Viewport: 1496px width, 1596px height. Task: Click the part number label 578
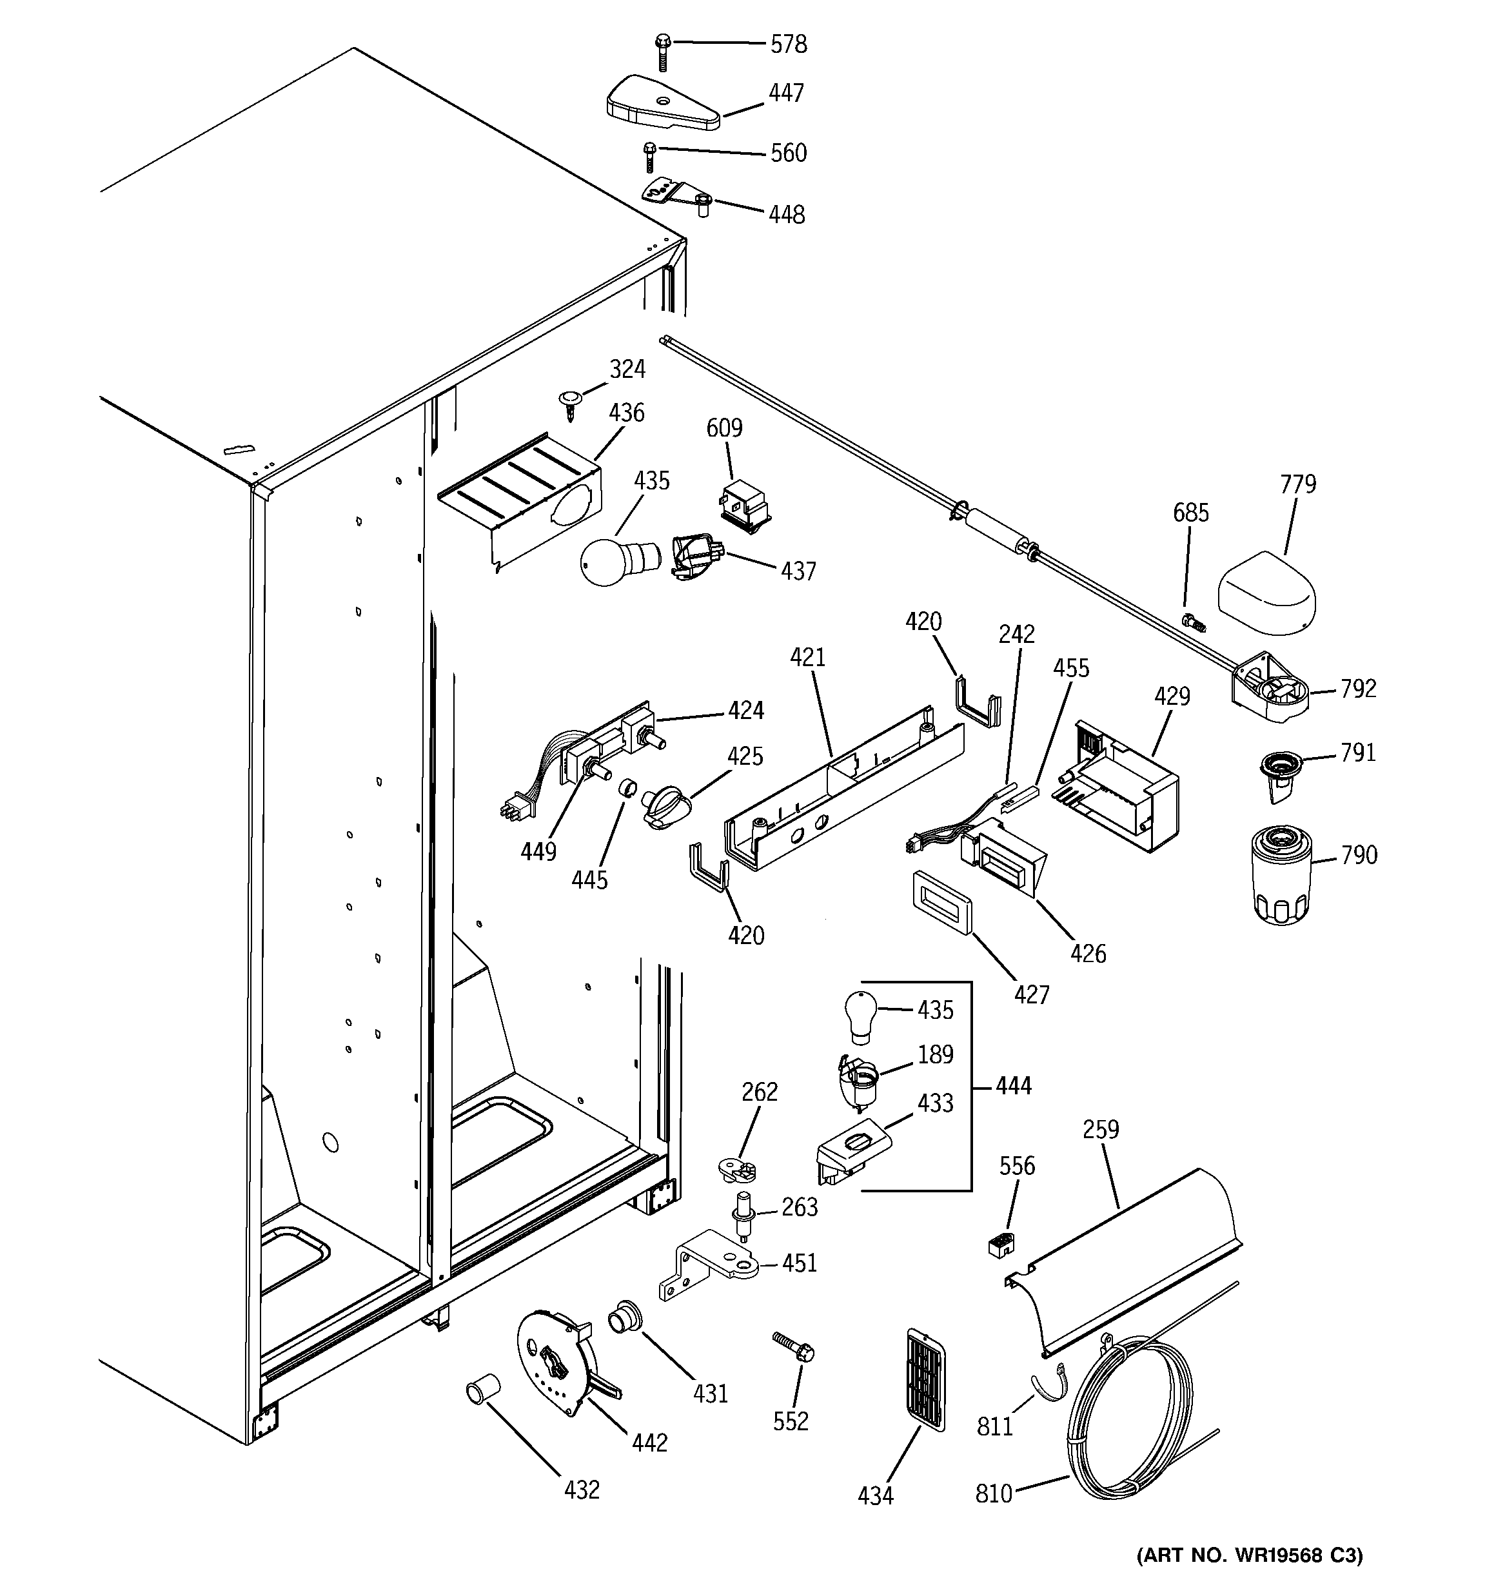788,44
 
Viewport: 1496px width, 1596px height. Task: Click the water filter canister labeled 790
1282,878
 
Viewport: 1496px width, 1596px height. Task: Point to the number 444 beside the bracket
1012,1085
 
